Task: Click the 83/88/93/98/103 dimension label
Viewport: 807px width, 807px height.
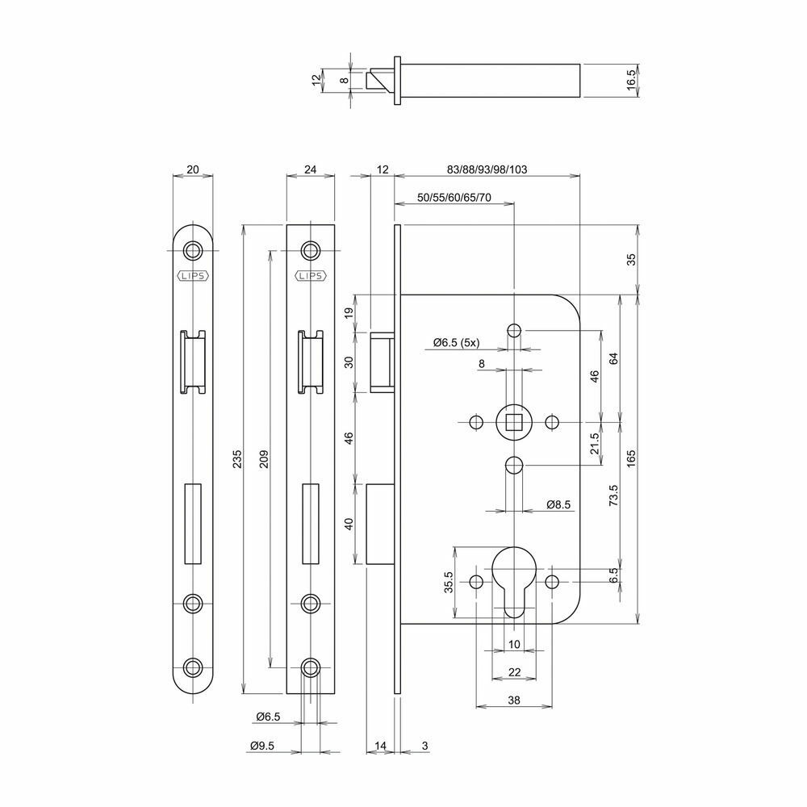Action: [x=487, y=169]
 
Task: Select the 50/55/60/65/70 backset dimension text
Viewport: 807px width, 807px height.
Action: [x=454, y=198]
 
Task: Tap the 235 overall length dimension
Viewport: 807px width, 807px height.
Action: [x=236, y=458]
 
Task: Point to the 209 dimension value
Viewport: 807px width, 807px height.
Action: [x=264, y=458]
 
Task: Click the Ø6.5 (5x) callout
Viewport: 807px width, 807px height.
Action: [x=456, y=343]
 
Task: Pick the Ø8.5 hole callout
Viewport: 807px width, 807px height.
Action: [x=558, y=504]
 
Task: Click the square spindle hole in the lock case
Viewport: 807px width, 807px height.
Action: [x=513, y=423]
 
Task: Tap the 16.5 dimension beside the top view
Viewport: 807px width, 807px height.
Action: [x=632, y=81]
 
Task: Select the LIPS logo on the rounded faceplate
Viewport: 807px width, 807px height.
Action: [x=193, y=276]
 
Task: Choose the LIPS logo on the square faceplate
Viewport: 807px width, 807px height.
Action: [x=311, y=276]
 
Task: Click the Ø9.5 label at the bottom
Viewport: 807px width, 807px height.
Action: [x=262, y=745]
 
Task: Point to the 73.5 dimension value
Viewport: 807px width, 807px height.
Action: [x=613, y=495]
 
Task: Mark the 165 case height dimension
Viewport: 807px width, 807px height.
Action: [x=632, y=458]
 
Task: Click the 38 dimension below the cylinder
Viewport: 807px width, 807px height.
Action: [x=513, y=700]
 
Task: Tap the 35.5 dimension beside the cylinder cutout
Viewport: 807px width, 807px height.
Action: [x=449, y=582]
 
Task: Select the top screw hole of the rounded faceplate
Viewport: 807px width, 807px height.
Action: [x=193, y=251]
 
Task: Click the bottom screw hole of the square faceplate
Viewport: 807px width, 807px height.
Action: [x=311, y=667]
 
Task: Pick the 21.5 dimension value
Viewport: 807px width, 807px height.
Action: [x=595, y=444]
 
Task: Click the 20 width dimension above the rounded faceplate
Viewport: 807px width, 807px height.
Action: [x=193, y=169]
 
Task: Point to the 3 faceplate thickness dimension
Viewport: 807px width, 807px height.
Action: [x=424, y=745]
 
